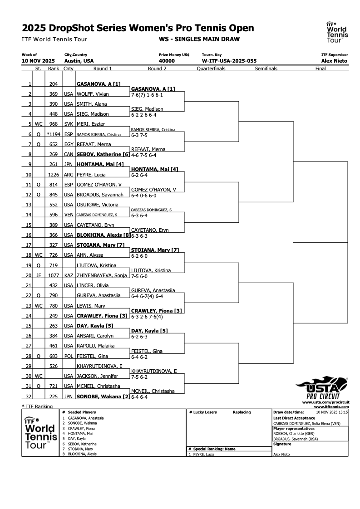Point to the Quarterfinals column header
[211, 69]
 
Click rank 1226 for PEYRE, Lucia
[53, 174]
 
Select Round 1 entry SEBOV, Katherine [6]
[103, 154]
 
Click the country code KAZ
[69, 275]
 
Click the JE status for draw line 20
[38, 275]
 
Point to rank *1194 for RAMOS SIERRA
[53, 134]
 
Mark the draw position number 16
[29, 235]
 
